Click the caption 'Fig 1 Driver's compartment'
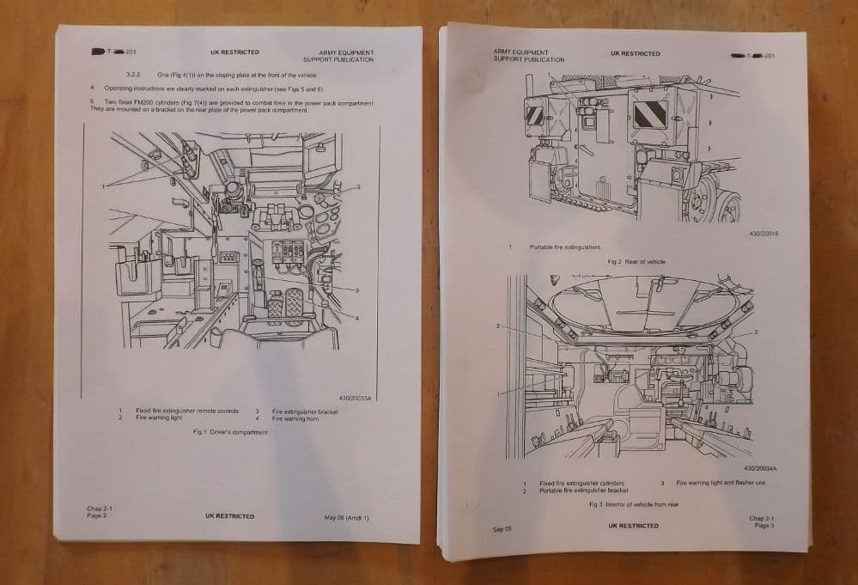230,432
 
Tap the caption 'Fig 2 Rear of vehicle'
636,261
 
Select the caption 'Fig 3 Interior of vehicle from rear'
633,504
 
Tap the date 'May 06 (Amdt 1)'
346,517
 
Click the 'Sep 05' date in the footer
502,529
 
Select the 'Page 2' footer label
96,515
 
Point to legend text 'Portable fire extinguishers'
564,247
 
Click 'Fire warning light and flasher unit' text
721,483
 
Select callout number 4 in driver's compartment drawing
357,317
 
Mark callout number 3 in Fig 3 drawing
755,332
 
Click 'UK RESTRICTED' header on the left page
234,52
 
